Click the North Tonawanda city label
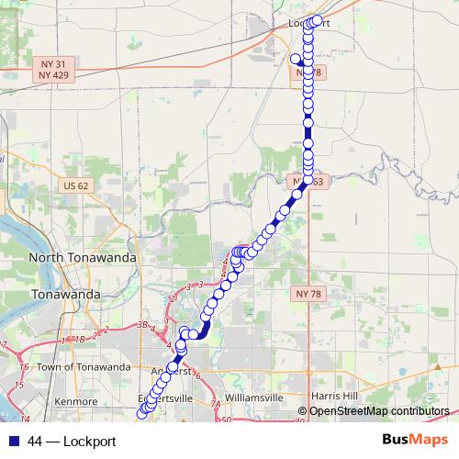pos(83,258)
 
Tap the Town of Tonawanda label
pos(85,367)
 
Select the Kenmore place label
pos(77,402)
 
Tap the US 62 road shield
pos(76,186)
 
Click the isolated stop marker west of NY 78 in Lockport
pos(296,59)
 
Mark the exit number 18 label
pos(79,339)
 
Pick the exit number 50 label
pos(227,419)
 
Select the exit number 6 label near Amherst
pos(197,375)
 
